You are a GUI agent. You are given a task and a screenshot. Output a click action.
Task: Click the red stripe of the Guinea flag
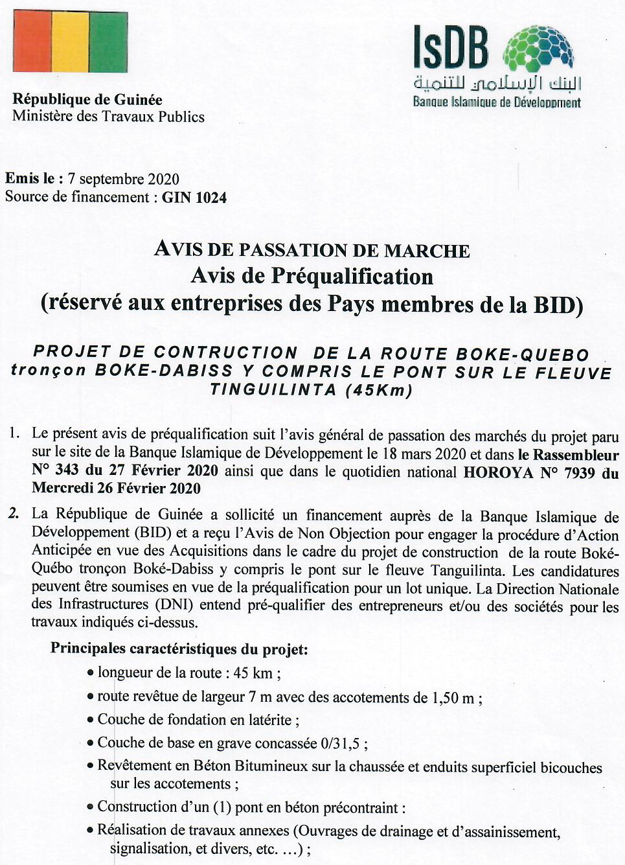click(x=32, y=42)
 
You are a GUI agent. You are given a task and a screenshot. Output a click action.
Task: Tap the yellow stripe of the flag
click(x=70, y=42)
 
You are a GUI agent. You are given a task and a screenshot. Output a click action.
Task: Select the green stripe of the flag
click(x=108, y=42)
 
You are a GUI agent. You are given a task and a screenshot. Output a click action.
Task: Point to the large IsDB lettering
click(x=451, y=49)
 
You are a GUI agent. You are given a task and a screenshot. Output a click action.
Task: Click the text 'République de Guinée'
click(x=87, y=100)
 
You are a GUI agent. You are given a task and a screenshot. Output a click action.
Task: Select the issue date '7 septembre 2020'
click(x=123, y=179)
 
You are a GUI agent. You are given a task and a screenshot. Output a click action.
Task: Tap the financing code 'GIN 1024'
click(x=194, y=198)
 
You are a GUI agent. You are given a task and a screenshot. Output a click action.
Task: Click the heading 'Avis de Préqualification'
click(x=312, y=277)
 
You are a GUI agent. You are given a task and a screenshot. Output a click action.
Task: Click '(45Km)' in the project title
click(x=379, y=390)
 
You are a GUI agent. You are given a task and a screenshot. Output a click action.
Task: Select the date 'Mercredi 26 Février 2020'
click(x=116, y=488)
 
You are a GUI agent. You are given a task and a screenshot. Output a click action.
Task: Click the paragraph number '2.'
click(x=14, y=514)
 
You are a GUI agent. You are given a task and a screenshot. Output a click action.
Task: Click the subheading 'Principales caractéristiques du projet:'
click(x=179, y=649)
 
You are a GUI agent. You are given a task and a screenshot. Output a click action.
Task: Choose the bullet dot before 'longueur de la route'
click(x=91, y=673)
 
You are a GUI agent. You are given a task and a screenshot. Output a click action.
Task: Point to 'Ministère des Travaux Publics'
click(x=108, y=117)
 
